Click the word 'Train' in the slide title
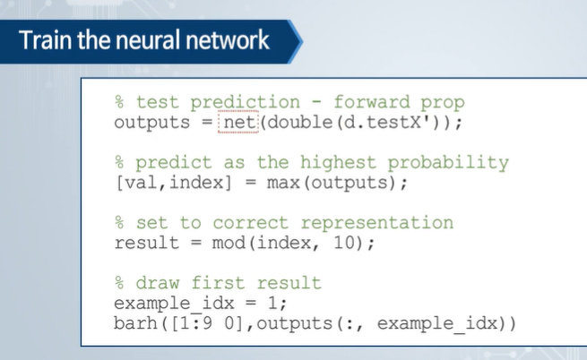[x=41, y=40]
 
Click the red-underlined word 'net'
[x=237, y=122]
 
